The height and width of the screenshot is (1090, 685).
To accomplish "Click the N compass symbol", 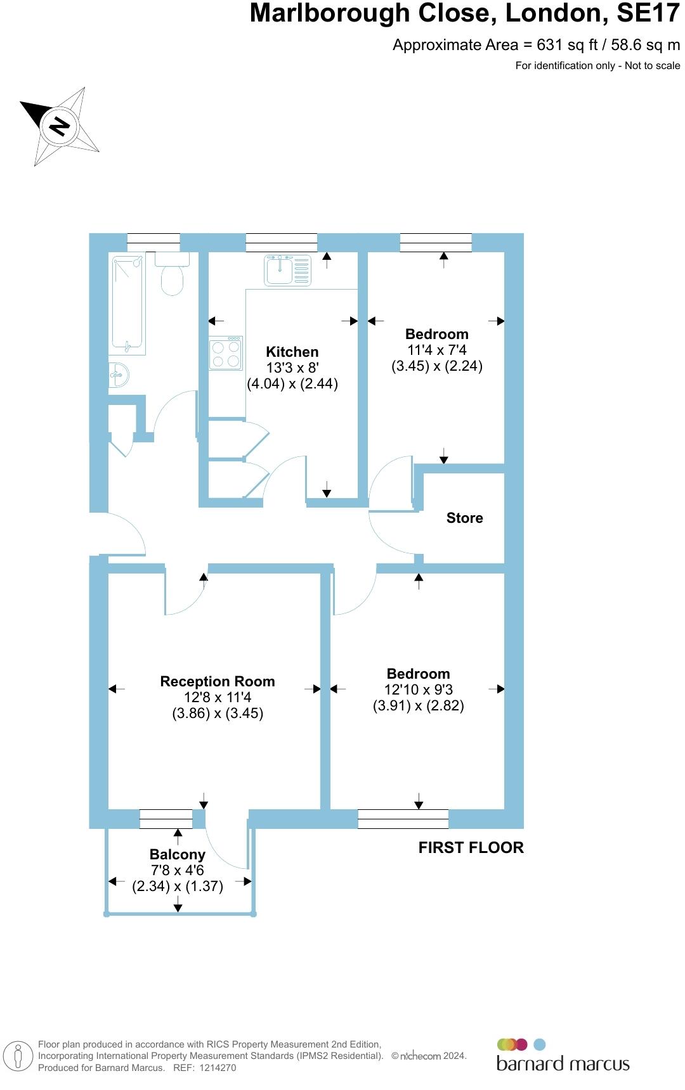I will pos(60,126).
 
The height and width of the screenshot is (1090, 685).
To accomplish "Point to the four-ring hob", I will pos(226,354).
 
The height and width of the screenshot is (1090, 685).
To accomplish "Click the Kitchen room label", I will pos(292,352).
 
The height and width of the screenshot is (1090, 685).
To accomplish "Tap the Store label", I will pos(464,518).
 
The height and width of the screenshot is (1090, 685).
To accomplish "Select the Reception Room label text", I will pos(218,681).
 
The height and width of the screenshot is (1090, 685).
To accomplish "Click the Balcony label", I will pos(177,854).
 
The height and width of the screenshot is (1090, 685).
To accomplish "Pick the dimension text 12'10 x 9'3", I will pos(418,689).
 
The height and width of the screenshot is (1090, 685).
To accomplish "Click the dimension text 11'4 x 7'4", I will pos(437,350).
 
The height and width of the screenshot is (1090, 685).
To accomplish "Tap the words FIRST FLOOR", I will pos(471,847).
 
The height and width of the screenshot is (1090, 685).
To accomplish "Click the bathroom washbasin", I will pos(119,374).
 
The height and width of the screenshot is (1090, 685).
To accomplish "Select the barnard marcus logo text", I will pos(563,1063).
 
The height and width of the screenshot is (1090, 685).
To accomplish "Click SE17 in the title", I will pos(648,14).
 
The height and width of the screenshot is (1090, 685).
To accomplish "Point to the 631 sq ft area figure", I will pos(555,45).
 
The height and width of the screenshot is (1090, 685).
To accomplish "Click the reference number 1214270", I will pos(218,1068).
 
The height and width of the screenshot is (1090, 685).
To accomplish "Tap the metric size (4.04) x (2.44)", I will pos(292,383).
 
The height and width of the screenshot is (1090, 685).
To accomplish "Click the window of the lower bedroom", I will pos(403,819).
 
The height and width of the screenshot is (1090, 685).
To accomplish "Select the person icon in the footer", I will pos(18,1056).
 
